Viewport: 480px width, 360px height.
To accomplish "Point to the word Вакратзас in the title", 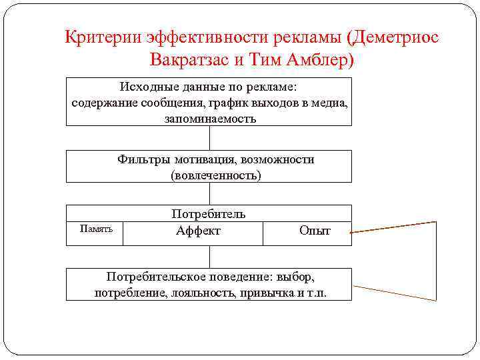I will [189, 60].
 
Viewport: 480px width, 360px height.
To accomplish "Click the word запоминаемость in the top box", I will [209, 119].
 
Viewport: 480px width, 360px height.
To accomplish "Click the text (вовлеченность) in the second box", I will [216, 175].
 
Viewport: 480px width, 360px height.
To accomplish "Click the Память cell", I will [96, 229].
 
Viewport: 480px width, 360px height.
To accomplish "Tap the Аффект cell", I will [198, 231].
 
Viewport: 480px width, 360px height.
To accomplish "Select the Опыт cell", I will [315, 231].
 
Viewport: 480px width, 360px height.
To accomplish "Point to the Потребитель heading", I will [209, 214].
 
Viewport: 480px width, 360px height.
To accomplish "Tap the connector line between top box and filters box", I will [209, 137].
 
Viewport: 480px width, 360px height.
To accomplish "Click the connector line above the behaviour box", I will [209, 257].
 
